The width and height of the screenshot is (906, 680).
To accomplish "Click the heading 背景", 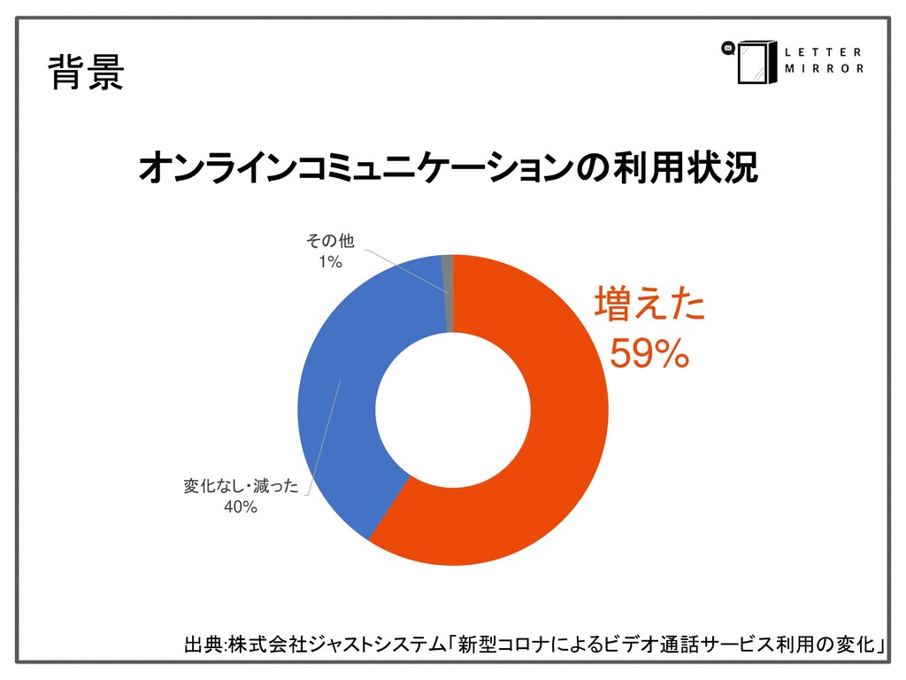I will (85, 73).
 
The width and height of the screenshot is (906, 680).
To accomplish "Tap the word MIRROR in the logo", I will (824, 69).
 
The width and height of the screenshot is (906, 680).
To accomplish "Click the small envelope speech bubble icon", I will (728, 50).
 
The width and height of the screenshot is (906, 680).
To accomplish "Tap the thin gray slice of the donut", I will (448, 292).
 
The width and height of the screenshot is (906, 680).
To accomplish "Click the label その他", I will (330, 241).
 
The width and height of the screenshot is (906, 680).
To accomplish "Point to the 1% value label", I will (331, 261).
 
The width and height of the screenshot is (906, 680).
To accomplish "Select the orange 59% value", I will (649, 355).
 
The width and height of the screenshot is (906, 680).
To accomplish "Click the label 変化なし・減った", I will (241, 485).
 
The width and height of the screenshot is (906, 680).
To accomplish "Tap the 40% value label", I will (240, 506).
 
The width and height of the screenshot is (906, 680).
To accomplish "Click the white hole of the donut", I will (453, 409).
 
